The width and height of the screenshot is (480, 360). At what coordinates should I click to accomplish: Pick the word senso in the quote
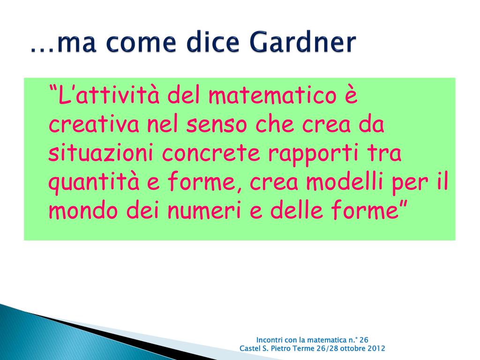[x=216, y=125]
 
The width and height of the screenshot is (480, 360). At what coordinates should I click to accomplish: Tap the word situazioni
[x=101, y=153]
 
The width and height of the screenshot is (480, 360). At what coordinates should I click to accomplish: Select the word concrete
[x=211, y=154]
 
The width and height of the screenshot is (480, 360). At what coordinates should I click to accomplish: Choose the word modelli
[x=345, y=181]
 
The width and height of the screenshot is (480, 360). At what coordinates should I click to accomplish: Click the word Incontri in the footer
[x=270, y=340]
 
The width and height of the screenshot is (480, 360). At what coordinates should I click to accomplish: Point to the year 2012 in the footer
[x=376, y=348]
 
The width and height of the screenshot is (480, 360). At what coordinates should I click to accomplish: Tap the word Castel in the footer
[x=248, y=348]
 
